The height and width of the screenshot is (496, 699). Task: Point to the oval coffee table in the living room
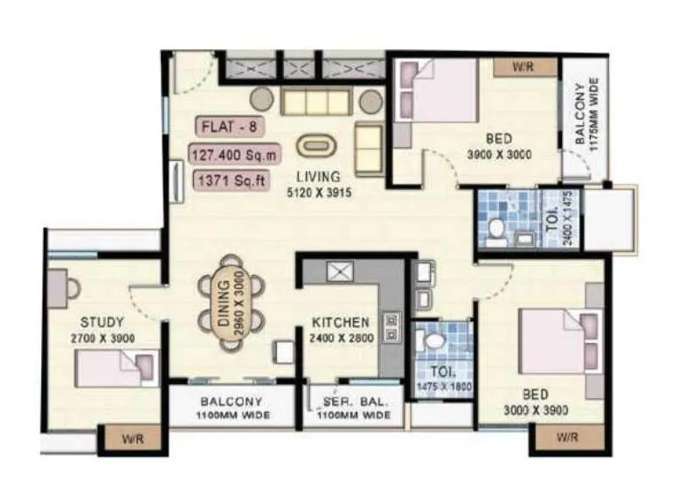315,146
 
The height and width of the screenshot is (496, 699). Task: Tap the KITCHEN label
341,323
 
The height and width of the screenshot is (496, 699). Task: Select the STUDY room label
101,322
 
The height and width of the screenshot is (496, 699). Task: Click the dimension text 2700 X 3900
102,338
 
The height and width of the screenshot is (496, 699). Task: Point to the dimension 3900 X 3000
499,155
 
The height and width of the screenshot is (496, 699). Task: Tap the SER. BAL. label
354,402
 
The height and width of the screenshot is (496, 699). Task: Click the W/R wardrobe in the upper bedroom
523,66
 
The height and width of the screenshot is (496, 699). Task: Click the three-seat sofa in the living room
315,101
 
